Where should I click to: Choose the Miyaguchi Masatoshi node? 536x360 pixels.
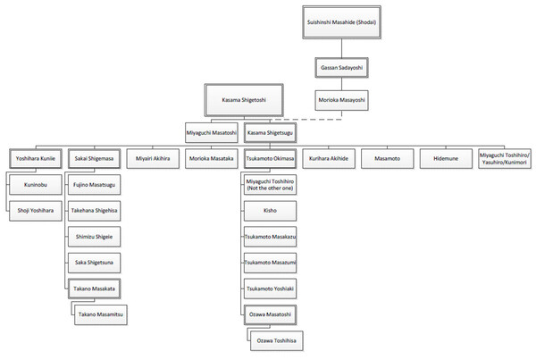click(x=212, y=132)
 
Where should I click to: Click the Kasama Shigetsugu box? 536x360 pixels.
click(x=270, y=132)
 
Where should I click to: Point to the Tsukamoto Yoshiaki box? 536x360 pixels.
click(x=272, y=289)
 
